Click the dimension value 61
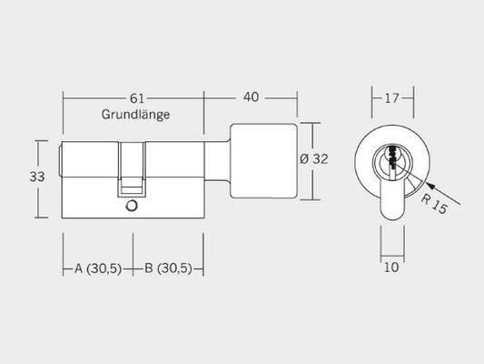[137, 98]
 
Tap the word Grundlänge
[136, 115]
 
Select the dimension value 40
[251, 97]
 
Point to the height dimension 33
[37, 177]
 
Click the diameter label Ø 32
[313, 159]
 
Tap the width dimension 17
[391, 98]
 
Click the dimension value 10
[391, 268]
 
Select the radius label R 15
[434, 204]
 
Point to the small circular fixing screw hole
[132, 206]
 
